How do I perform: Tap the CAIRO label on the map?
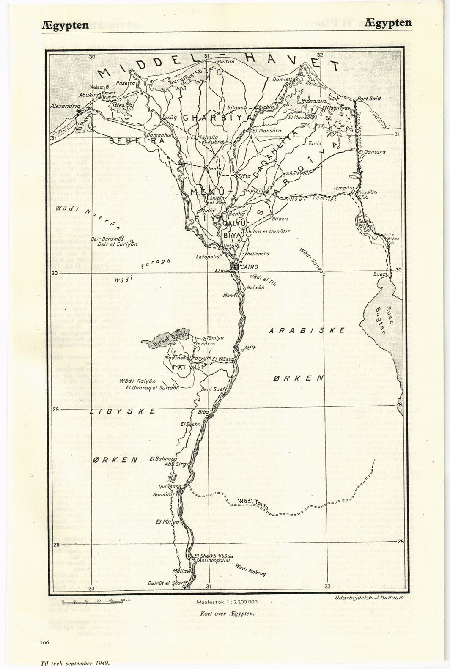click(251, 267)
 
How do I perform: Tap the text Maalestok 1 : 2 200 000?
click(227, 602)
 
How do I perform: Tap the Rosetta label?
click(125, 83)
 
